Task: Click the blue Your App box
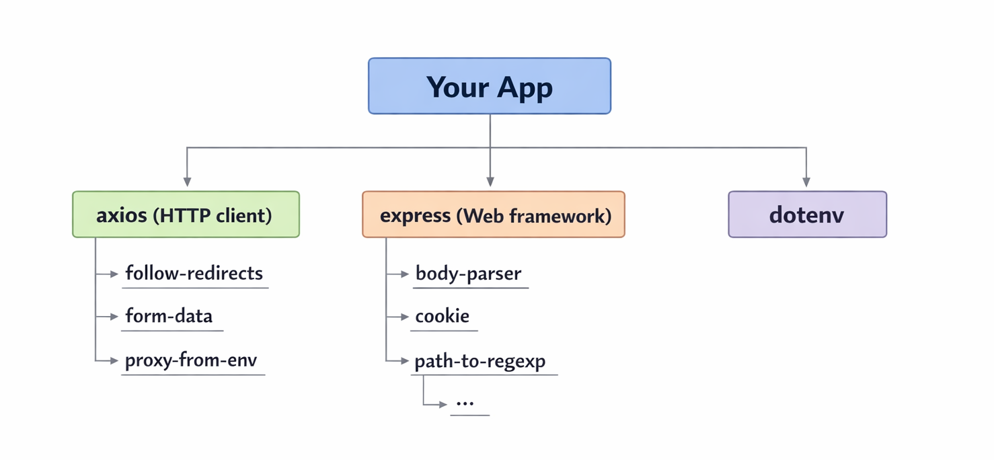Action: click(489, 86)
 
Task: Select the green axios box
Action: click(186, 215)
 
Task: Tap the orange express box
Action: click(493, 215)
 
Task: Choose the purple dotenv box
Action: click(806, 215)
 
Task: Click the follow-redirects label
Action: click(194, 273)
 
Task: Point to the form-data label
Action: click(169, 316)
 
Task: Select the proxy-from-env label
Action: click(191, 360)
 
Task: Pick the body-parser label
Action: click(468, 274)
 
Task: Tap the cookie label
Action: click(442, 316)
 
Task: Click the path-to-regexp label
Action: click(480, 361)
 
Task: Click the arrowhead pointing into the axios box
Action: click(187, 182)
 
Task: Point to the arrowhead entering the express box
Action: click(490, 182)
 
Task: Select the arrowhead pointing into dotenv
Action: click(806, 182)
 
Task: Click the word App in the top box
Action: click(525, 87)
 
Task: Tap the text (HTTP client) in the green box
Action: click(213, 215)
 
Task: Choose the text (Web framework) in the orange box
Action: click(533, 215)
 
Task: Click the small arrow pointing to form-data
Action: click(113, 317)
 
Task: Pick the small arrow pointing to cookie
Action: click(404, 317)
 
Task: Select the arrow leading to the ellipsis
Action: click(441, 404)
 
